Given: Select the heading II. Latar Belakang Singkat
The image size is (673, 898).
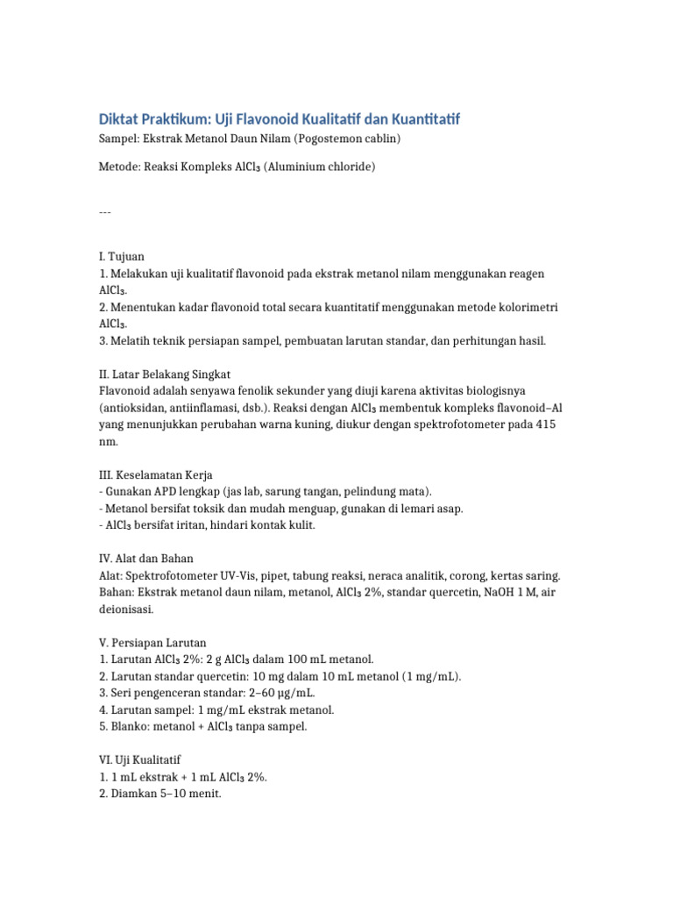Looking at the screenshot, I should (164, 374).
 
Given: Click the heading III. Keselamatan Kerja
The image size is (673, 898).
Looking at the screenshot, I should (155, 474).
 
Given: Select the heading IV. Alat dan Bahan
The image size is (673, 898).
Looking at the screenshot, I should (146, 558).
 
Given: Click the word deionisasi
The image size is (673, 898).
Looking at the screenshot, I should (126, 609).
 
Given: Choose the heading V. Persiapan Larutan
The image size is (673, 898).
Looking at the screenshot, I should (152, 642).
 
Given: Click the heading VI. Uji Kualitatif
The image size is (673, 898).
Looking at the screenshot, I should (140, 759).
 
